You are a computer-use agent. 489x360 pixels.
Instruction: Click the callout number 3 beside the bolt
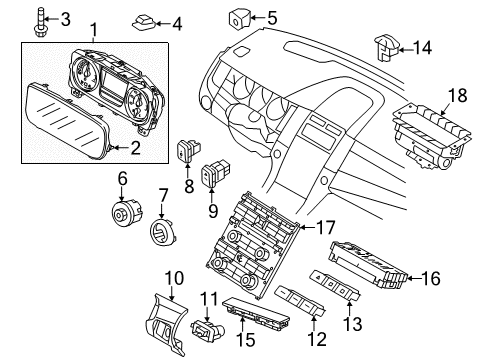[x=65, y=19]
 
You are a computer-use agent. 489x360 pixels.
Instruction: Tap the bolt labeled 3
[x=39, y=19]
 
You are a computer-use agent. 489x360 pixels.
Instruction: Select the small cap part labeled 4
[x=143, y=22]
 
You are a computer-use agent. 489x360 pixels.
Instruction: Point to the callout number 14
[x=424, y=46]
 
